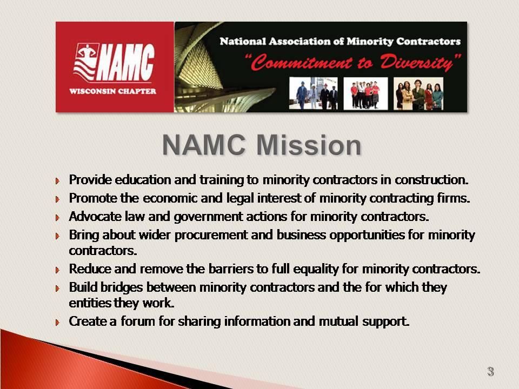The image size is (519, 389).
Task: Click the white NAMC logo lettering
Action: point(127,63)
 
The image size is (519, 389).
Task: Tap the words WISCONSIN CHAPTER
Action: point(112,91)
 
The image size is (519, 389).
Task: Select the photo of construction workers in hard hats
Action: point(313,93)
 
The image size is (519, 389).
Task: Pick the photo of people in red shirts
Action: point(365,93)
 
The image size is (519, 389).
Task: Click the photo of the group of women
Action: point(418,93)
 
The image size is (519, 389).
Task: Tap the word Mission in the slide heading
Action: point(309,145)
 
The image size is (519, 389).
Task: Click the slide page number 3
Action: point(490,372)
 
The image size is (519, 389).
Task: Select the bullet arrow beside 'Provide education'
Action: point(58,180)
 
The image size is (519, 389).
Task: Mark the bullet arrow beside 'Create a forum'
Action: point(58,322)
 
